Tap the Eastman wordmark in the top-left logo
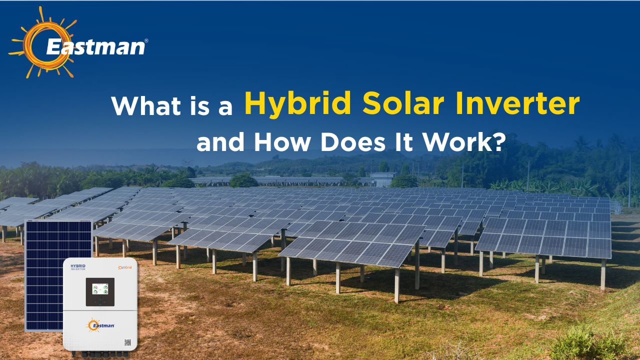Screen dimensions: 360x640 (95, 47)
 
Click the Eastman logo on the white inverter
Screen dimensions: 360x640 (100, 325)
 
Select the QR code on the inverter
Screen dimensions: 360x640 (127, 343)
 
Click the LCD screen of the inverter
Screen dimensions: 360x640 (100, 291)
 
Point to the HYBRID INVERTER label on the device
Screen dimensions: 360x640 (78, 267)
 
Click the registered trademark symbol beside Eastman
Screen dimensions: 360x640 (146, 40)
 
